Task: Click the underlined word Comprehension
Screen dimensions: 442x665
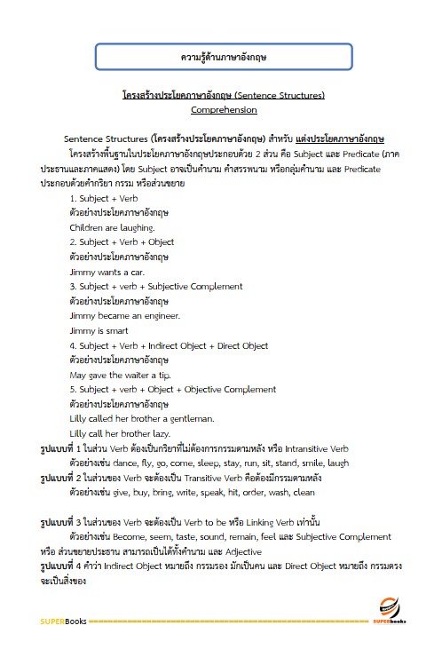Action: click(224, 110)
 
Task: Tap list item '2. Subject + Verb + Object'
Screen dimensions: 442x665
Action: click(122, 241)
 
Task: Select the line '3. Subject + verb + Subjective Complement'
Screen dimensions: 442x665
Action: click(155, 286)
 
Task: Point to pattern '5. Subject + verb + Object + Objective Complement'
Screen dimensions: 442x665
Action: click(172, 389)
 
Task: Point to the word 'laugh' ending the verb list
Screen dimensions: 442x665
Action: click(338, 463)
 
